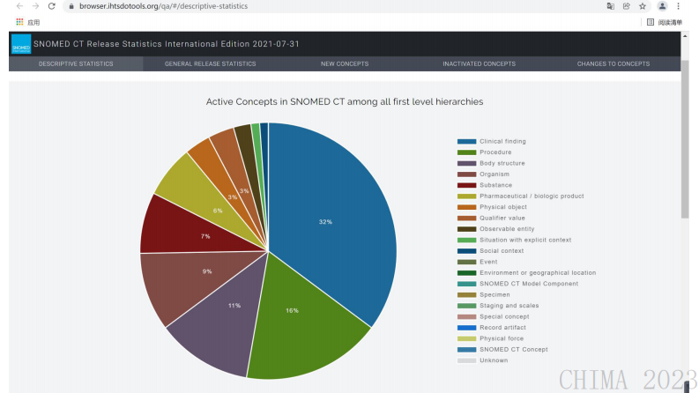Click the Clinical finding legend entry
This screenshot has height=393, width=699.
[502, 141]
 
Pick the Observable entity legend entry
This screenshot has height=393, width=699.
[507, 229]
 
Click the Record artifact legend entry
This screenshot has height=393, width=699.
[502, 328]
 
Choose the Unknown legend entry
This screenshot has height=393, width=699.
[493, 360]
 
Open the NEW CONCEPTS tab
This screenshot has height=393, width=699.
[345, 63]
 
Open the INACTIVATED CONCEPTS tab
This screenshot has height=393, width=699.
[479, 63]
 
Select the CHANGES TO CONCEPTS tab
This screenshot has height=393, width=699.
[613, 63]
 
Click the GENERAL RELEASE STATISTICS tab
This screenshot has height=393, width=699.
[210, 63]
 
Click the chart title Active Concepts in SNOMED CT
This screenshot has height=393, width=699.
[345, 101]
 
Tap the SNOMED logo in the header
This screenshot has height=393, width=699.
[20, 43]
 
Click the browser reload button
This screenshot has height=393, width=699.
[51, 6]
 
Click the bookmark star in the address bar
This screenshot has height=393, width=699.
[643, 6]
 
